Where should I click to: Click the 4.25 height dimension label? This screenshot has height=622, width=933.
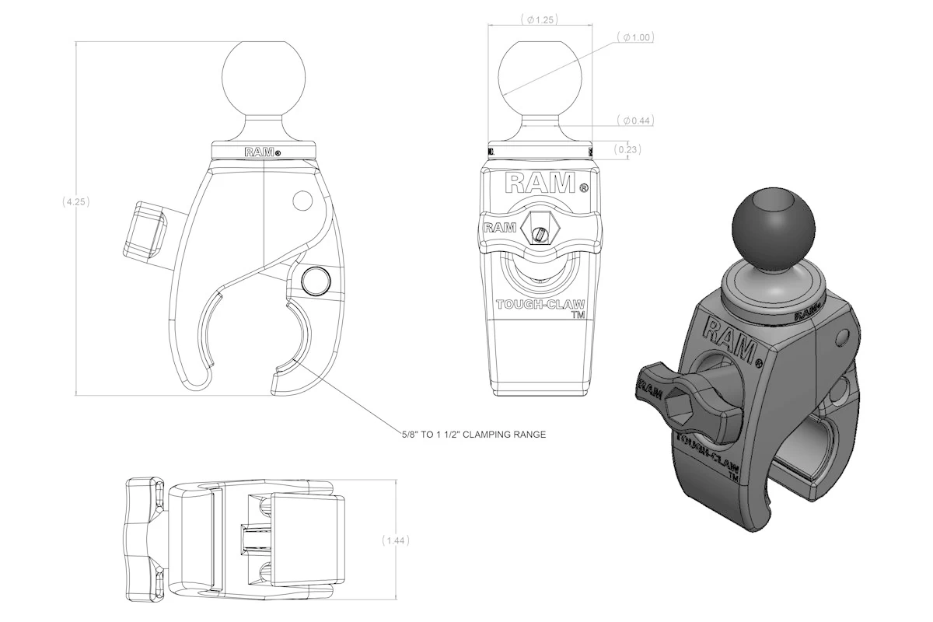[77, 201]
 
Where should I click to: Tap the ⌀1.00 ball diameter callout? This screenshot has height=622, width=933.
[636, 37]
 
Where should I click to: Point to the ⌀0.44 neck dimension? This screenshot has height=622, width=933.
[636, 121]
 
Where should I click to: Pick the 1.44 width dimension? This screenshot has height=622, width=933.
[397, 540]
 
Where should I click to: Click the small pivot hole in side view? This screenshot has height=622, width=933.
[302, 201]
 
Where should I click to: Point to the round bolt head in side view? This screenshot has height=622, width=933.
[316, 280]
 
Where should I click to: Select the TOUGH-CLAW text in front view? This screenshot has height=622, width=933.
[540, 306]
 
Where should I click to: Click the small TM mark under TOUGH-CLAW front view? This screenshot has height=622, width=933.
[578, 316]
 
